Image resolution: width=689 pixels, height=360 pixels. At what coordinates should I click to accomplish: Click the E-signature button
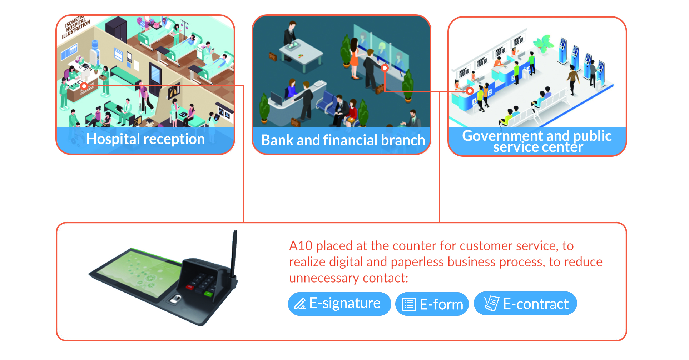click(x=339, y=304)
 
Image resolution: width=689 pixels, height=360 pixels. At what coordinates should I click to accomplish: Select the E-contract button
click(x=525, y=304)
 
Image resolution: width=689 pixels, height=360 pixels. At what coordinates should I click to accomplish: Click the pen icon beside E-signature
click(x=300, y=304)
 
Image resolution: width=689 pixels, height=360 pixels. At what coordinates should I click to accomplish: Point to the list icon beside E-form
click(x=409, y=304)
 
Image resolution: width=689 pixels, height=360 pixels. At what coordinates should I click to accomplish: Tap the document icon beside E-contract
click(x=491, y=303)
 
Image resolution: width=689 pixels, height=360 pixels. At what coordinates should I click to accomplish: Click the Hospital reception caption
click(x=145, y=139)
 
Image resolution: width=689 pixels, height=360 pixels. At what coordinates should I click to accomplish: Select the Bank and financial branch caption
click(x=343, y=140)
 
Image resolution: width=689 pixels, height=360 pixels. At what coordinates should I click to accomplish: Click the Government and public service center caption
click(x=537, y=141)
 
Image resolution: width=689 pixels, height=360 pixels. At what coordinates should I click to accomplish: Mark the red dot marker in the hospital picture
click(x=84, y=86)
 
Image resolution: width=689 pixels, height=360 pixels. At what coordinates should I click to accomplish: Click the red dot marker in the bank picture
click(x=385, y=68)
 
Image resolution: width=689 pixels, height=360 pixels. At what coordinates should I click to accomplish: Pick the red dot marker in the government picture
click(x=470, y=91)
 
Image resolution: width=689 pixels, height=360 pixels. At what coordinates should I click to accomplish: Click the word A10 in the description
click(x=301, y=246)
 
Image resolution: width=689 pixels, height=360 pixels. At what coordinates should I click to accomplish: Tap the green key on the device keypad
click(x=208, y=294)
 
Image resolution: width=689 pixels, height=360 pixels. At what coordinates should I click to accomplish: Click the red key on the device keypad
click(x=190, y=286)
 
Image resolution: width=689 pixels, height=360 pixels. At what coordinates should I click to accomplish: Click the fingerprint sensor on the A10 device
click(x=175, y=299)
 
